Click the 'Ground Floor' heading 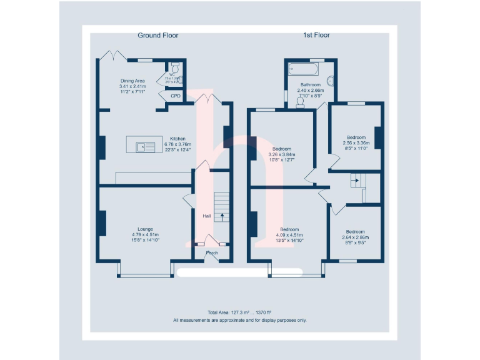coord(157,36)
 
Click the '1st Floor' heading coord(317,36)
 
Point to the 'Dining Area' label coord(132,81)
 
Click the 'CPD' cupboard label coord(176,96)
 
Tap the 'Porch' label coord(211,253)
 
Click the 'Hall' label coord(206,216)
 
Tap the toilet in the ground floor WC coord(174,65)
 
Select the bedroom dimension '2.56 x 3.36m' coord(356,142)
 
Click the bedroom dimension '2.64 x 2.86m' coord(356,237)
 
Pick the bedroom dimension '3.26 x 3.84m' coord(281,154)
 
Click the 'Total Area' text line coord(240,312)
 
